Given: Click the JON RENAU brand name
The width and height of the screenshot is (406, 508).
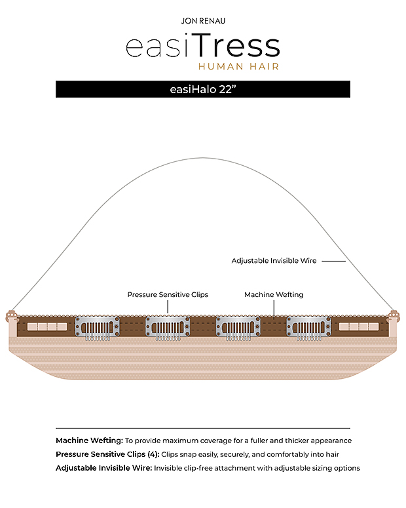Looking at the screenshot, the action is click(x=203, y=21).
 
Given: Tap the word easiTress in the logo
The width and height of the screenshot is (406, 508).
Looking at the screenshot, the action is click(x=203, y=45).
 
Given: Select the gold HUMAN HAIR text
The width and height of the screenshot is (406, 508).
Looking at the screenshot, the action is click(x=238, y=66).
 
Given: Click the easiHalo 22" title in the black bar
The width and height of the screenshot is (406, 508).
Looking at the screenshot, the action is click(x=203, y=89).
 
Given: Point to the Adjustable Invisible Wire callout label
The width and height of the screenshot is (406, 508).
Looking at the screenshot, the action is click(x=274, y=261).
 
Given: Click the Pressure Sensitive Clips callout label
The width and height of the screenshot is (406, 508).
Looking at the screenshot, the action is click(x=168, y=294).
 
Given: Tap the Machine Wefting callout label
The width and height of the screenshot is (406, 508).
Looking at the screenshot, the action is click(x=274, y=294).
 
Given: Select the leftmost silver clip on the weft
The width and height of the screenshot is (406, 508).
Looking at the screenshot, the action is click(x=97, y=328).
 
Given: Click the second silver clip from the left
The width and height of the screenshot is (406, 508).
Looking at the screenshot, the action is click(x=168, y=328).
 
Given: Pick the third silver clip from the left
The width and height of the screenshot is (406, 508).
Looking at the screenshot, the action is click(x=238, y=328).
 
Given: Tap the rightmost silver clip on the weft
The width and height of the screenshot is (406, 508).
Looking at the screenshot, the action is click(x=309, y=328).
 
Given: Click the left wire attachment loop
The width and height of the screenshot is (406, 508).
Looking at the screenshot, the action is click(x=11, y=315).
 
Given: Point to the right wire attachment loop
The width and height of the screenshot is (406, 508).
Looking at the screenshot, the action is click(x=394, y=315).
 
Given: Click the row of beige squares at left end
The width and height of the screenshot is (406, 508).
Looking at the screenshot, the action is click(x=47, y=326).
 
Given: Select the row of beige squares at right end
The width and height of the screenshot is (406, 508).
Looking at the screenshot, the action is click(x=359, y=326).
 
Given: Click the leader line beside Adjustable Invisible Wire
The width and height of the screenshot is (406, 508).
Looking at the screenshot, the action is click(x=333, y=261).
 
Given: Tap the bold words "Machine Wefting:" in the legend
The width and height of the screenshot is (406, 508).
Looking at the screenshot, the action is click(x=89, y=440).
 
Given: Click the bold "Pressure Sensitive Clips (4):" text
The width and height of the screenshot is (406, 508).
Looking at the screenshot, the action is click(x=107, y=454).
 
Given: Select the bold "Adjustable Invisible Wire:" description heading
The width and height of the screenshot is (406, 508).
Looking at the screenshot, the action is click(x=104, y=468).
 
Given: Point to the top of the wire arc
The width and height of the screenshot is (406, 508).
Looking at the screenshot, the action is click(x=203, y=158).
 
